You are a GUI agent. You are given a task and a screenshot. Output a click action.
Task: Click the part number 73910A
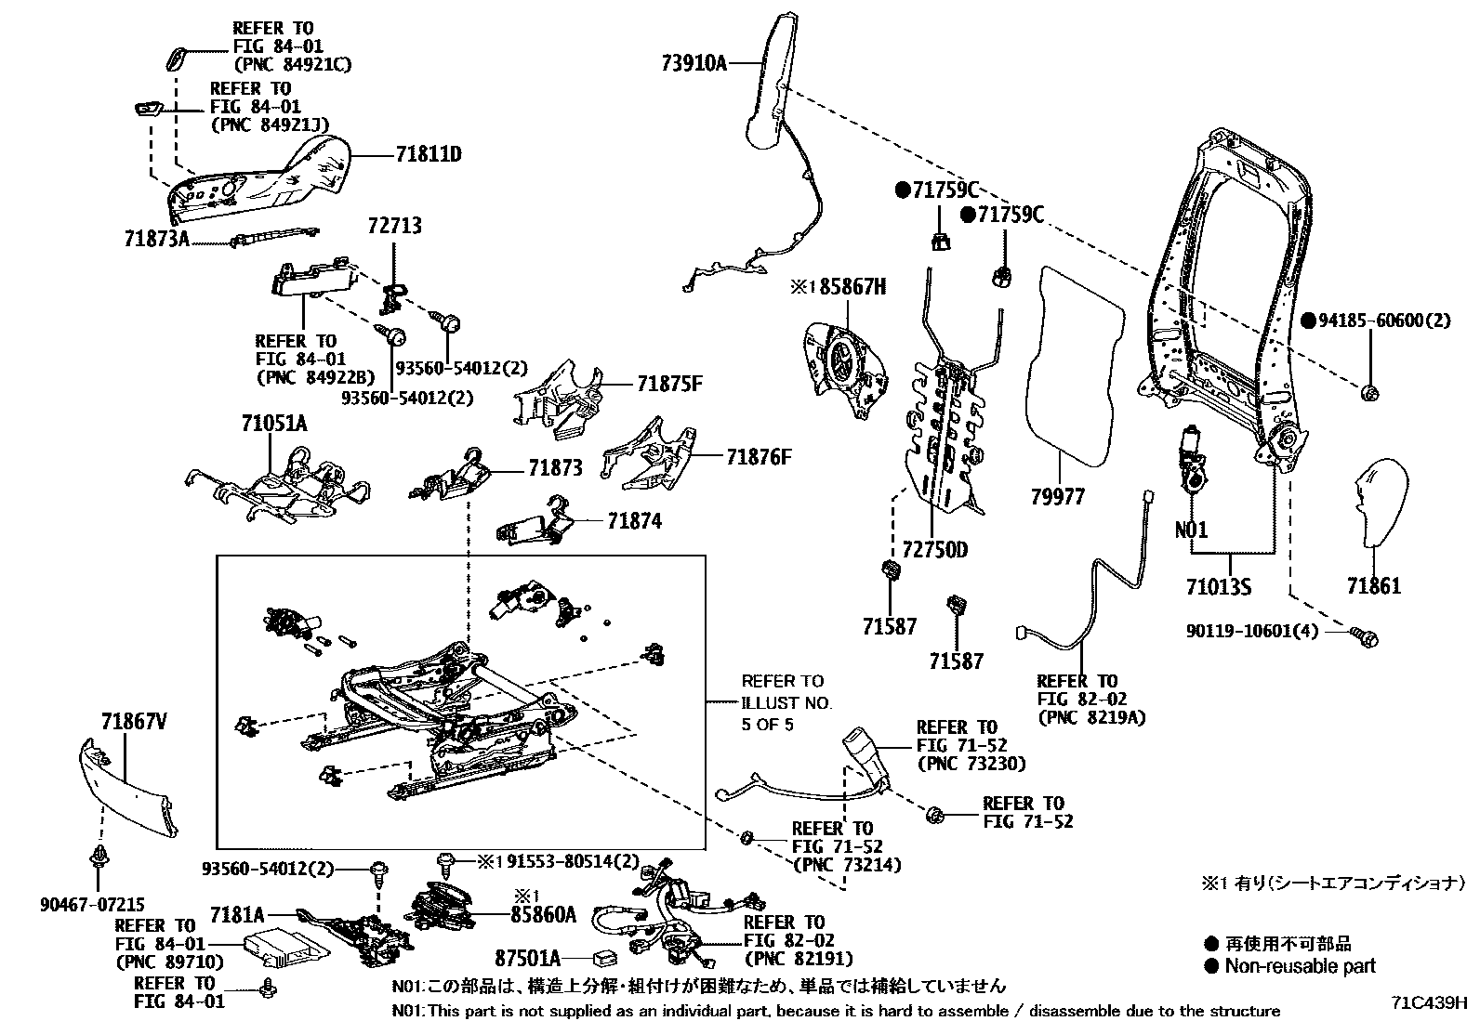click(694, 63)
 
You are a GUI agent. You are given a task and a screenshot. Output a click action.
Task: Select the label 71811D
click(428, 154)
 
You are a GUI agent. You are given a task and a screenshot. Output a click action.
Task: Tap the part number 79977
click(1057, 497)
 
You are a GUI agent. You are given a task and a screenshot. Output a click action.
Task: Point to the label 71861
click(1373, 586)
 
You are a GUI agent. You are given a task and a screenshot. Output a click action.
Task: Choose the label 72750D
click(934, 550)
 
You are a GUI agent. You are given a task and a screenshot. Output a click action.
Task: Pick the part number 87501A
click(527, 957)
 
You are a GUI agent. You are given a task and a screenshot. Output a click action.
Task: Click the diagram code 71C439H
click(1428, 1003)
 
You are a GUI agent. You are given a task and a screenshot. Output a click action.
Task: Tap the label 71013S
click(1218, 586)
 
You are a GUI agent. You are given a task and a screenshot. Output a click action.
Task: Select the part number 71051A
click(273, 424)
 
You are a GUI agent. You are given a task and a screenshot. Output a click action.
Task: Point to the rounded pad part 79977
click(1072, 362)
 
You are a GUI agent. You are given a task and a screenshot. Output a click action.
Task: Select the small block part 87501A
click(605, 956)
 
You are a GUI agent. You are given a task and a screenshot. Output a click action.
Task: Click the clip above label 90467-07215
click(97, 856)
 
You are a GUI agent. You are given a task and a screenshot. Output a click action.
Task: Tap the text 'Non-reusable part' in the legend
click(1299, 966)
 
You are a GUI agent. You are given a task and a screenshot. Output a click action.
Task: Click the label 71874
click(634, 521)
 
